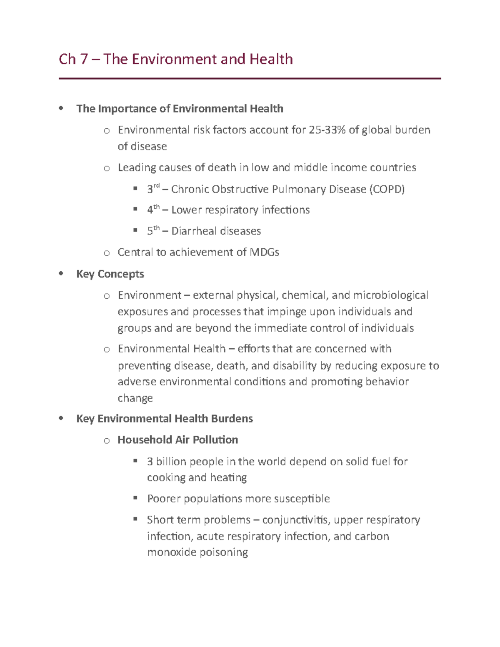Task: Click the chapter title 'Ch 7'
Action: tap(73, 59)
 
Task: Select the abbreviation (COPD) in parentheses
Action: tap(387, 189)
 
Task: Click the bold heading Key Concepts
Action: tap(110, 274)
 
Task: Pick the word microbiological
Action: tap(390, 295)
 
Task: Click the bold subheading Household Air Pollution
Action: tap(177, 440)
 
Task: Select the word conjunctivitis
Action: tap(295, 520)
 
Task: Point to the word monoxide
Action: tap(172, 552)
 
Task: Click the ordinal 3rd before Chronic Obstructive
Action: tap(153, 189)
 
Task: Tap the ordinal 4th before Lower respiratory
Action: tap(153, 210)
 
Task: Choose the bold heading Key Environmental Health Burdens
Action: tap(164, 419)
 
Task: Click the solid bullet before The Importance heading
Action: tap(61, 108)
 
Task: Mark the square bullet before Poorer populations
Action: tap(135, 497)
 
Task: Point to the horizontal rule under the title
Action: tap(250, 78)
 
